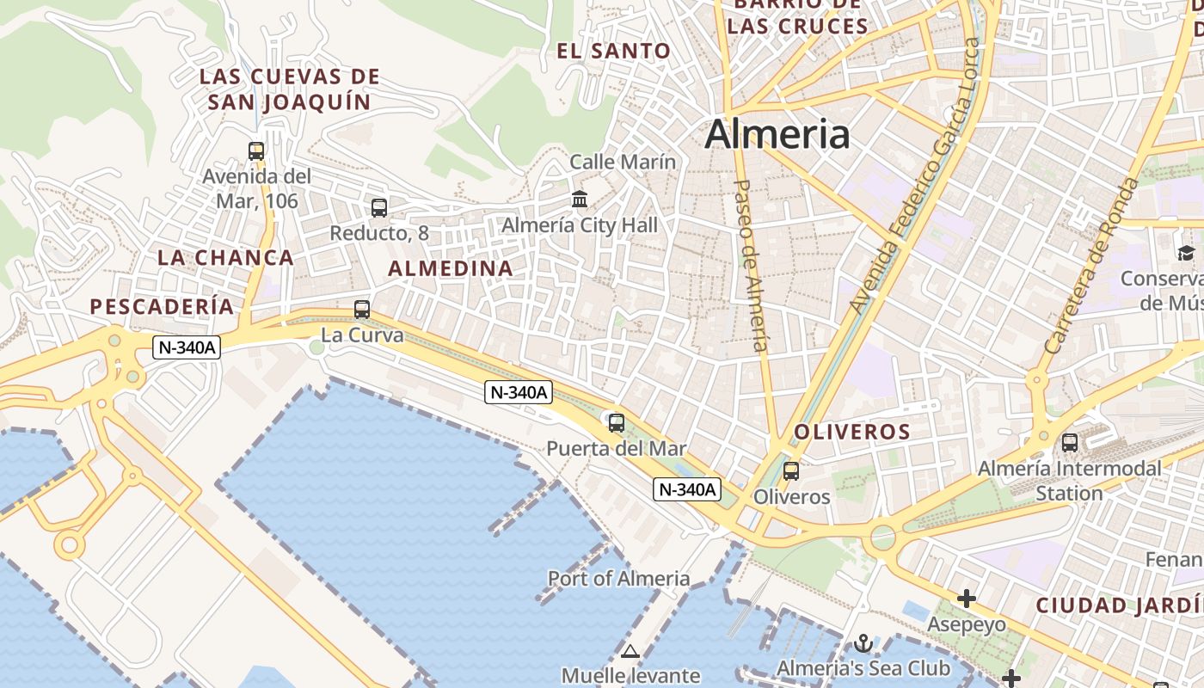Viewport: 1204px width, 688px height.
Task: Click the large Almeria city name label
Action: point(777,134)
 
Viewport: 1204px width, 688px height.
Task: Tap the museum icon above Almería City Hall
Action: point(580,200)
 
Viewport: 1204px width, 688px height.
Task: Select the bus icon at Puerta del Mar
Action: point(616,423)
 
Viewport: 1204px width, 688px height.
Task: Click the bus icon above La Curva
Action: point(362,310)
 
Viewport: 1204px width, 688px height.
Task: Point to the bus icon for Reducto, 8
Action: point(378,208)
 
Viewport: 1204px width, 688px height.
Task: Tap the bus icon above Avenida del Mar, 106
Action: point(256,151)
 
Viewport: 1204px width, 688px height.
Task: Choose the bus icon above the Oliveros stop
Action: point(791,471)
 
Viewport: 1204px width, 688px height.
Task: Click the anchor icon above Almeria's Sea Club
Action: point(863,643)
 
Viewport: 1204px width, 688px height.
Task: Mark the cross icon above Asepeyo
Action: point(967,599)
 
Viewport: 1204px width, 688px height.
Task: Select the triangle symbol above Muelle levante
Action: point(630,652)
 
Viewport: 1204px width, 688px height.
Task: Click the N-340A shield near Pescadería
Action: point(187,347)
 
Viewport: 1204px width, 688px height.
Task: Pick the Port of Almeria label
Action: point(618,579)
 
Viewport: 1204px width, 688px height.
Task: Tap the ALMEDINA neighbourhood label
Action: point(451,268)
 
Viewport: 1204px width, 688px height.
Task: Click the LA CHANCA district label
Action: point(226,257)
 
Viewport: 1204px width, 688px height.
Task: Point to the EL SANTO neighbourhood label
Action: point(613,51)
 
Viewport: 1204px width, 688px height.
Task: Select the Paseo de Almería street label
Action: point(749,265)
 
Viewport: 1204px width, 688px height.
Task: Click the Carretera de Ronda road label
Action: point(1090,267)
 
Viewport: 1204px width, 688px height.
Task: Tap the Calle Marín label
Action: point(623,162)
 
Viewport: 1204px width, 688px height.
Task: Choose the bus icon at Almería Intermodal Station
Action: point(1070,443)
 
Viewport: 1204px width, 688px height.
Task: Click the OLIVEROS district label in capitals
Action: point(851,432)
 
